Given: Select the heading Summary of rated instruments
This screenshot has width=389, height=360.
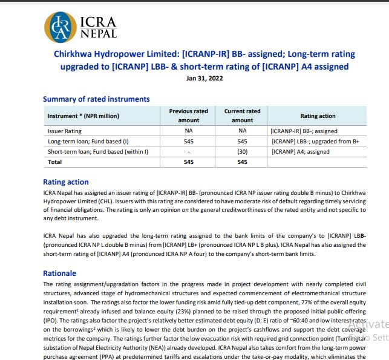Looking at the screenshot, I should (x=96, y=99).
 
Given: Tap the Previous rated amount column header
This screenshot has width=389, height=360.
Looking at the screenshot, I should (x=188, y=116).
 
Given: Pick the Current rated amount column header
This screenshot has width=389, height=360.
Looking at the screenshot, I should (x=243, y=116).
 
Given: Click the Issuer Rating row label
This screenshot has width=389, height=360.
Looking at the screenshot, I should (x=64, y=131).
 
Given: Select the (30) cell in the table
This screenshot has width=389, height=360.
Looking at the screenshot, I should (x=243, y=151).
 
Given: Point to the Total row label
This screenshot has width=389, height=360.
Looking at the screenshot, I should (x=56, y=162).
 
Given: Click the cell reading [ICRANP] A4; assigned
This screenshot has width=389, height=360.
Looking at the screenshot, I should (x=300, y=151).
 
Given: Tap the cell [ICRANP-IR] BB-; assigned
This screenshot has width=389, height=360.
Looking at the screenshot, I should (x=304, y=131).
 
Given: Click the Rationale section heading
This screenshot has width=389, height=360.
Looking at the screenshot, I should (x=59, y=273).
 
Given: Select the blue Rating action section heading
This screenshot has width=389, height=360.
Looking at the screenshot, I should (x=65, y=182).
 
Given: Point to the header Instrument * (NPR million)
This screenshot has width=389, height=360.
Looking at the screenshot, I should (x=83, y=116).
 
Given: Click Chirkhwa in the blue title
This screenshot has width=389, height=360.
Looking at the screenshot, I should (x=71, y=54).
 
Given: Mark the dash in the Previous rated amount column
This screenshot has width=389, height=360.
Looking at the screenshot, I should (x=188, y=151).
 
